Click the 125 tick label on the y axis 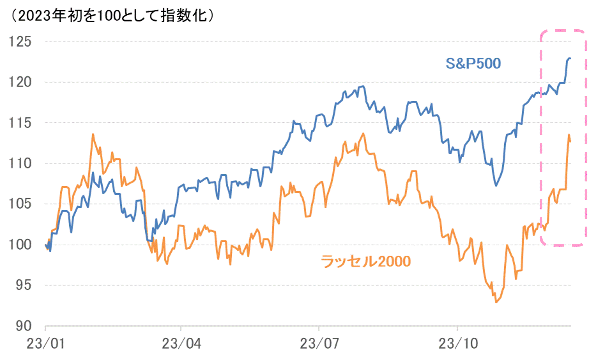tap(20, 42)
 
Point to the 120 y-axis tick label tap(20, 82)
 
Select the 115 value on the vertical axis tap(20, 123)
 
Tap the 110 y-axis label tap(20, 164)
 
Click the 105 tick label tap(20, 204)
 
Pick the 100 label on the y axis tap(20, 245)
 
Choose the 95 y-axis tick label tap(23, 285)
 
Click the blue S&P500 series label tap(473, 64)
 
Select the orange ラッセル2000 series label tap(366, 261)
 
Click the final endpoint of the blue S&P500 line tap(570, 59)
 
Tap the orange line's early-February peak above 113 tap(93, 134)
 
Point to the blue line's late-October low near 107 tap(496, 185)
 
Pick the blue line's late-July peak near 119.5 tap(363, 86)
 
